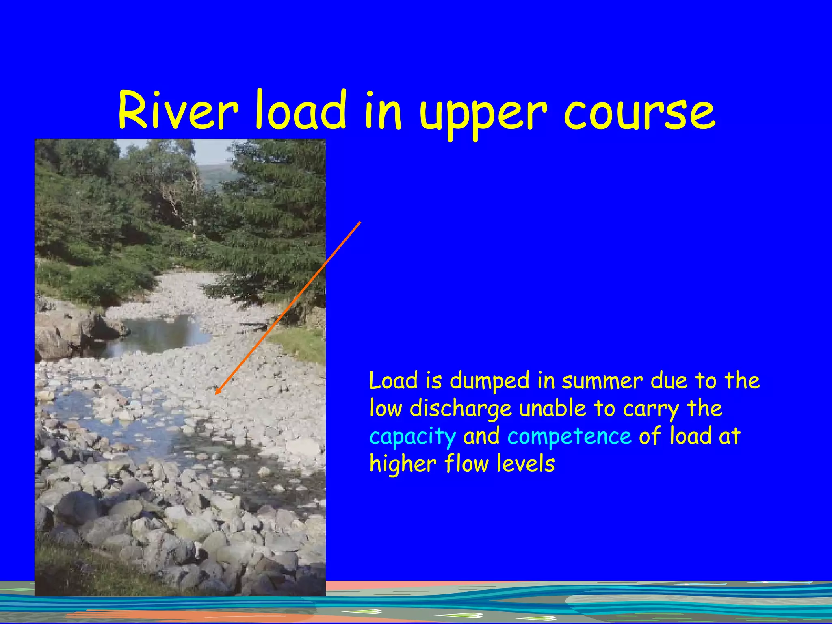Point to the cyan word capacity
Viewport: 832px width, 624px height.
coord(413,437)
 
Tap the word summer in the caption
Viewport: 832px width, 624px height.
coord(602,381)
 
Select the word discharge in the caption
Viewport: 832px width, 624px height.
coord(461,409)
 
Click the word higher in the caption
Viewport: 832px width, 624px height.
coord(403,464)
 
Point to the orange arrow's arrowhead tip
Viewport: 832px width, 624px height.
coord(216,393)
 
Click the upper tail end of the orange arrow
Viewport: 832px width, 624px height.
coord(360,222)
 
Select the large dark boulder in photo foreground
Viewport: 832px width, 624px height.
coord(77,508)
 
